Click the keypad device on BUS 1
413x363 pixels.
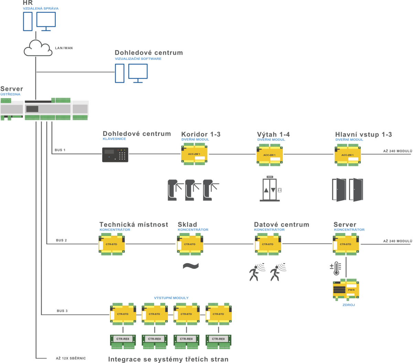115,155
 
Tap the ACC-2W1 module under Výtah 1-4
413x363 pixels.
269,155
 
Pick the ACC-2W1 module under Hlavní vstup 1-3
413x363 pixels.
348,155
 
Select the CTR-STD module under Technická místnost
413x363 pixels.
112,245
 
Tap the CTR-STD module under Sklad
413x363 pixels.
190,245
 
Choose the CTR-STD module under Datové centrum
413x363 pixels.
268,245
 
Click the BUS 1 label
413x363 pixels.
60,150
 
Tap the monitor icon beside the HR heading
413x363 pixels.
46,21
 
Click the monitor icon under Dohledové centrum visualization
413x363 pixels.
138,73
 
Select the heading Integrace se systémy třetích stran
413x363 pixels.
168,359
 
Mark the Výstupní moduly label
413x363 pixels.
171,298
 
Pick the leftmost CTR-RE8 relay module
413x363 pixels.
123,339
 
